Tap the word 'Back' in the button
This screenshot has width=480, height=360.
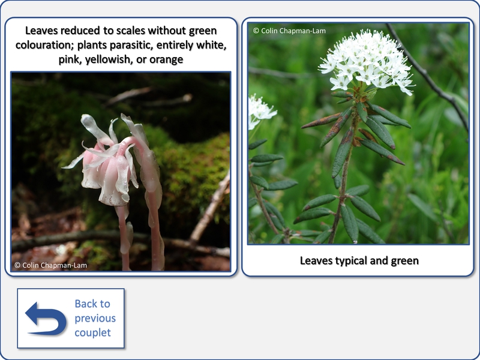[x=92, y=304]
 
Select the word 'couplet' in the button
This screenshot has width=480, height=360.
[x=93, y=333]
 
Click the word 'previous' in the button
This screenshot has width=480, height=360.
[x=95, y=319]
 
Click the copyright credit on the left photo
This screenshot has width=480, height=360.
[x=50, y=265]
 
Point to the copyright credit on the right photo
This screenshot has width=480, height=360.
[x=289, y=31]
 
